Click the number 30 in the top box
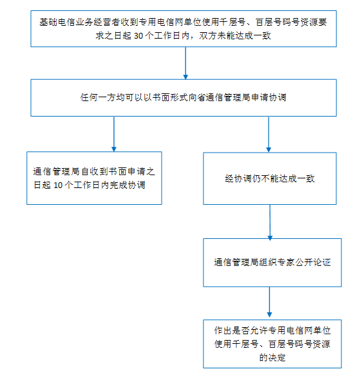point(138,35)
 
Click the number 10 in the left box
point(58,185)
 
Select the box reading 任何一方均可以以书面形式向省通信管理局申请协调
point(184,98)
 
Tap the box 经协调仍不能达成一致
point(270,178)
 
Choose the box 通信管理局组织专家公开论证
point(272,263)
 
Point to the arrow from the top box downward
point(185,63)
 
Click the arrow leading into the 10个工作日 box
point(114,135)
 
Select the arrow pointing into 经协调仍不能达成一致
point(269,135)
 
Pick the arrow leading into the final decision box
point(270,302)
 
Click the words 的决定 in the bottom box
point(272,357)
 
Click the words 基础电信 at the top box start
point(57,22)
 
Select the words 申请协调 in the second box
point(269,98)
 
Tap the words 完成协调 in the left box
point(128,185)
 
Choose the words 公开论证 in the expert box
point(313,262)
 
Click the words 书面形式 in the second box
point(170,98)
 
